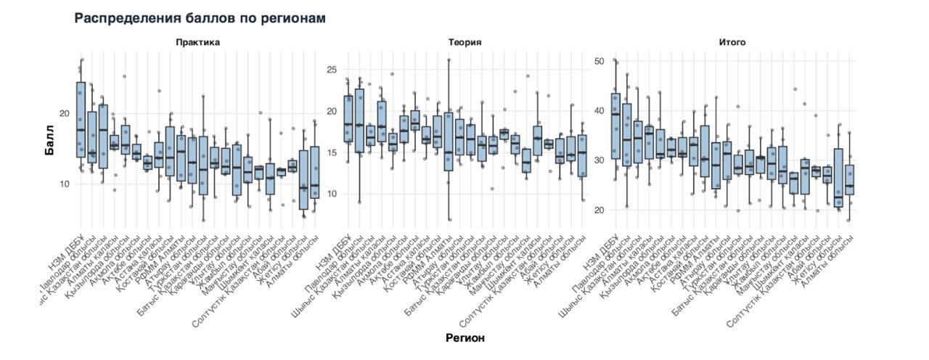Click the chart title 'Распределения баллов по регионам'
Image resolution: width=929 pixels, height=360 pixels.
[200, 17]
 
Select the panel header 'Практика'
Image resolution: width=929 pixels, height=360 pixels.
[197, 42]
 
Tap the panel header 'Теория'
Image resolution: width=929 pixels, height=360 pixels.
[464, 42]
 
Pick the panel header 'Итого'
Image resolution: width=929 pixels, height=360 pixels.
[732, 42]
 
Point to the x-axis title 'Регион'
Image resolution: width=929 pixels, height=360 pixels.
[464, 337]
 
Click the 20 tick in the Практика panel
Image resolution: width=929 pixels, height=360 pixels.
[63, 113]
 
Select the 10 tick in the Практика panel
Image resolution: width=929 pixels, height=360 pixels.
[63, 184]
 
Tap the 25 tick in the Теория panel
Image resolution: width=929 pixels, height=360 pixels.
[332, 70]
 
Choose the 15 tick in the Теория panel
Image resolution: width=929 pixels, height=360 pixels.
[332, 152]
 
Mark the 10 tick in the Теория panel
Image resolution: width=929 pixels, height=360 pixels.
[332, 194]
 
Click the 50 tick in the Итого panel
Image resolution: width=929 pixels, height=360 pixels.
[598, 61]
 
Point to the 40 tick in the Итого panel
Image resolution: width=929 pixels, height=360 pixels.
[598, 111]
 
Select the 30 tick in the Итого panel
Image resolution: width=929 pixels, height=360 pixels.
[598, 160]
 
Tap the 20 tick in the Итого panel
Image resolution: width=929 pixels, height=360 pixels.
[598, 210]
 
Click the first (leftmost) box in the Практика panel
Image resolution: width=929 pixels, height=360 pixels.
[81, 120]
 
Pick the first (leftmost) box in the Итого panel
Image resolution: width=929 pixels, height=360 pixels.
[615, 126]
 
